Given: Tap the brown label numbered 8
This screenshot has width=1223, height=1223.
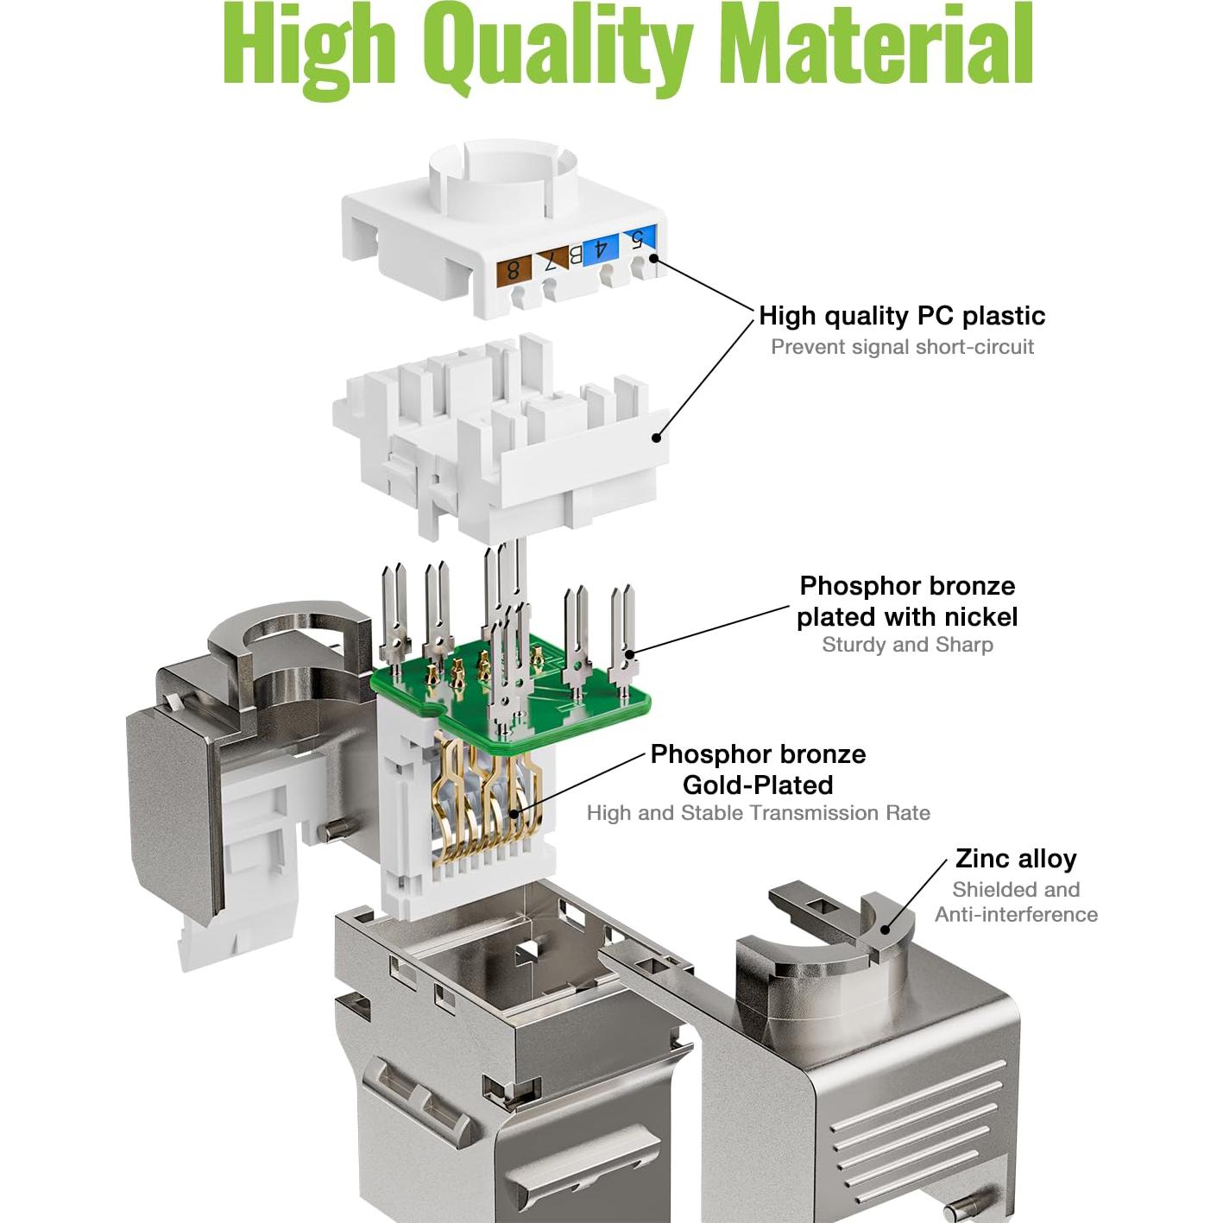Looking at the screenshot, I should pyautogui.click(x=513, y=269).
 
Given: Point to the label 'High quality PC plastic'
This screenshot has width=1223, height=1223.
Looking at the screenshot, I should pyautogui.click(x=901, y=316).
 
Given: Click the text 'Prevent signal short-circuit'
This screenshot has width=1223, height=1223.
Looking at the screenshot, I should pyautogui.click(x=901, y=347).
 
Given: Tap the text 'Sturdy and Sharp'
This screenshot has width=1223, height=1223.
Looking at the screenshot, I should pyautogui.click(x=907, y=645).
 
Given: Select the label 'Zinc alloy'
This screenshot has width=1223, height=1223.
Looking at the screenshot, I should pyautogui.click(x=1015, y=859).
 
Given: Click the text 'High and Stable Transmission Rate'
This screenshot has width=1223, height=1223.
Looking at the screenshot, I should pyautogui.click(x=758, y=813).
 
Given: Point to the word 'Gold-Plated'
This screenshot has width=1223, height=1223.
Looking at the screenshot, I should pyautogui.click(x=758, y=785).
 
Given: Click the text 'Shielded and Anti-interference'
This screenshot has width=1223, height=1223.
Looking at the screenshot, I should pyautogui.click(x=1016, y=902).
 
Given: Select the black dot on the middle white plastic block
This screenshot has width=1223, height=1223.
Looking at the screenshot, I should pyautogui.click(x=656, y=438).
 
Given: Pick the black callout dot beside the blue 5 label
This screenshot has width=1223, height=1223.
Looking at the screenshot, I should pyautogui.click(x=653, y=257).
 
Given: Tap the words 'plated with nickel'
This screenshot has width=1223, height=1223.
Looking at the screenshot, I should pyautogui.click(x=906, y=616).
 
